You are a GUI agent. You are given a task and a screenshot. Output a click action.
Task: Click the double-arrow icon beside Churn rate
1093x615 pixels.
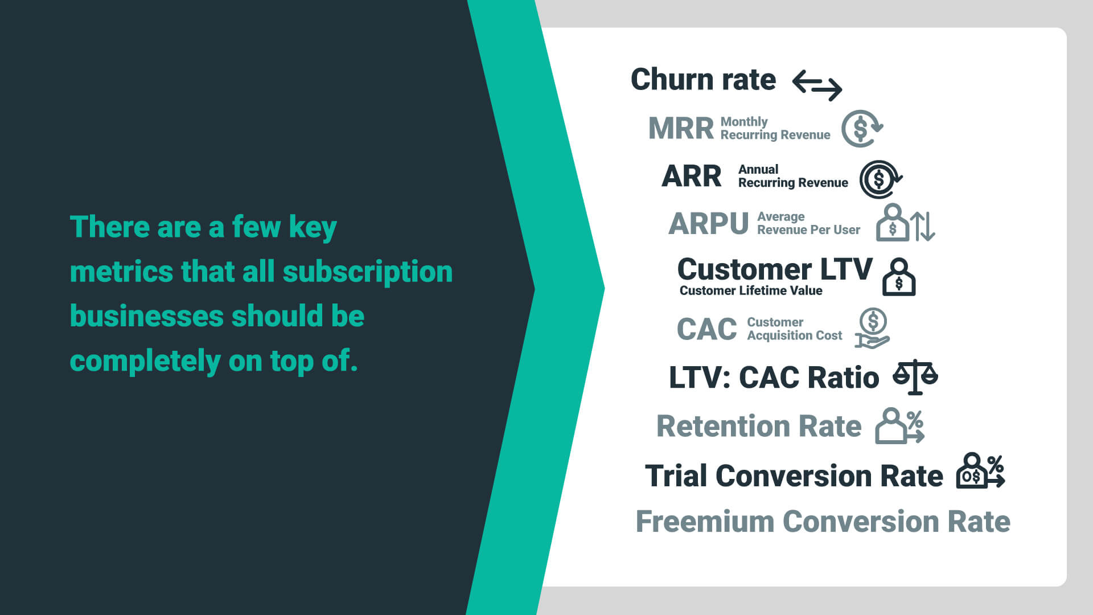coord(817,85)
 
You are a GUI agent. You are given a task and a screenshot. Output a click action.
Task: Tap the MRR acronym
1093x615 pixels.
coord(681,128)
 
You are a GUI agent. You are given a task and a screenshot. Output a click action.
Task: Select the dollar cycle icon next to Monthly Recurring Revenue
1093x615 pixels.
coord(861,128)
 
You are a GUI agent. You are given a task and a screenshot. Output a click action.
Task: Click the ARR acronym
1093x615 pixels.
coord(691,176)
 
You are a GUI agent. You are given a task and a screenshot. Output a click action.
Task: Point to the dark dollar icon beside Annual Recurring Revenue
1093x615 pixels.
coord(880,179)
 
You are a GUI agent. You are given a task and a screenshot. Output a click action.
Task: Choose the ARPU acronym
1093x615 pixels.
coord(708,223)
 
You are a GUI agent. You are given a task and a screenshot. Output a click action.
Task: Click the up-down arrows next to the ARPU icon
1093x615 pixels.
coord(923,226)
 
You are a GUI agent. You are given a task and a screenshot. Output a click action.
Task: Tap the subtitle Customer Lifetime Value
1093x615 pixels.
coord(750,291)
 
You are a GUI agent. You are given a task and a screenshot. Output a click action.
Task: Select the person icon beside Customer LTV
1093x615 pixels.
coord(898,277)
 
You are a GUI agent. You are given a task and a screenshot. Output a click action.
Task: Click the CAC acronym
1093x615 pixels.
coord(706,329)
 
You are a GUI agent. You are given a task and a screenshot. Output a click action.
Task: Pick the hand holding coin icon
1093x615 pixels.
coord(872,329)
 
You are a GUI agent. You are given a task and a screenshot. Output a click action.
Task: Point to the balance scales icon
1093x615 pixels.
coord(915,376)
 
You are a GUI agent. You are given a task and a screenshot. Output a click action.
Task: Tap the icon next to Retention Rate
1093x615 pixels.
coord(899,426)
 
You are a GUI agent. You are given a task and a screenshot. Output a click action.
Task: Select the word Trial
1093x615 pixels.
coord(676,475)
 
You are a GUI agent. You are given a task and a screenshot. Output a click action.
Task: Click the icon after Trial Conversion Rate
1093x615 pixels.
coord(980,471)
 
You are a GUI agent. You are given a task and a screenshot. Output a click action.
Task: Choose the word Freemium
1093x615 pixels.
coord(705,522)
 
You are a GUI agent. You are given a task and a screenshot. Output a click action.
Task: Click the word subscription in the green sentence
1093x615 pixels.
coord(367,271)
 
